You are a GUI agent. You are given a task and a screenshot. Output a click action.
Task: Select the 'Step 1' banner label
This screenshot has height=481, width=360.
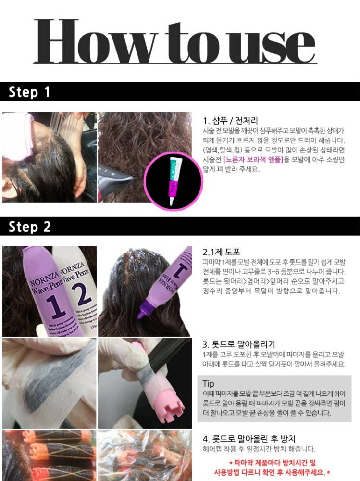pos(29,92)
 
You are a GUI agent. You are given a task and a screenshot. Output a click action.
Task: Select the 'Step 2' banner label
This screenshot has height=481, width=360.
pos(29,227)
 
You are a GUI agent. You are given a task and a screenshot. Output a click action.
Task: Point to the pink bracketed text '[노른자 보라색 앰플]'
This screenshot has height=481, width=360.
pos(253,160)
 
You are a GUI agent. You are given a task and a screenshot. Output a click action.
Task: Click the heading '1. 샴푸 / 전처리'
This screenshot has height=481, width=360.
pos(230,120)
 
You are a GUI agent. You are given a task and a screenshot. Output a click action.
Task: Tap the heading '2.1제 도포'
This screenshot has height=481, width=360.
pos(221,252)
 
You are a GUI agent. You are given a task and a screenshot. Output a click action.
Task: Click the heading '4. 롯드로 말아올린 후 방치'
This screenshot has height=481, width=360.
pos(248,439)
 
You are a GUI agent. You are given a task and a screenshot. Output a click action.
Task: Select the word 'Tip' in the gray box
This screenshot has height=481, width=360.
pos(209,384)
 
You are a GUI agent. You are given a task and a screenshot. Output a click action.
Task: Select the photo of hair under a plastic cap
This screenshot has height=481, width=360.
pos(145,455)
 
